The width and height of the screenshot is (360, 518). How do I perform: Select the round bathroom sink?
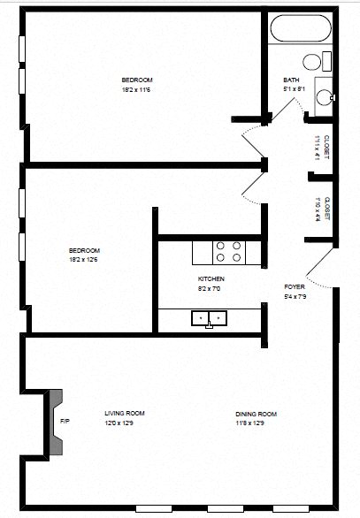point(324,96)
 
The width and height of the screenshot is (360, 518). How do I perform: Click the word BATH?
point(291,80)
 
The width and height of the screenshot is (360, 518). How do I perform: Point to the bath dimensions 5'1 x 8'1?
point(294,88)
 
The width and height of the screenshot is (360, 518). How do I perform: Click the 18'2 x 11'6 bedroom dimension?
point(138,89)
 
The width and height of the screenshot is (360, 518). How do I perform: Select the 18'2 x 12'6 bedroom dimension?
point(85,259)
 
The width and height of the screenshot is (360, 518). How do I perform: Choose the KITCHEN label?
point(211,279)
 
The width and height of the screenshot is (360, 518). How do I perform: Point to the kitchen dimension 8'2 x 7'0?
point(211,288)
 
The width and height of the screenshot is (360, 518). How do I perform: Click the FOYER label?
point(295,287)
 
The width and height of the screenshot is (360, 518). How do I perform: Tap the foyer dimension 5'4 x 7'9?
point(295,296)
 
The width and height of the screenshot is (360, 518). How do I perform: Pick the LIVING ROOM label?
point(124,413)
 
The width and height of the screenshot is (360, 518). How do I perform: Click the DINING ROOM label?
point(257,414)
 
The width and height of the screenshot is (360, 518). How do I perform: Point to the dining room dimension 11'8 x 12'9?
point(257,423)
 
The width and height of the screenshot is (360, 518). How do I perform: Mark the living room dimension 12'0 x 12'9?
point(124,423)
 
